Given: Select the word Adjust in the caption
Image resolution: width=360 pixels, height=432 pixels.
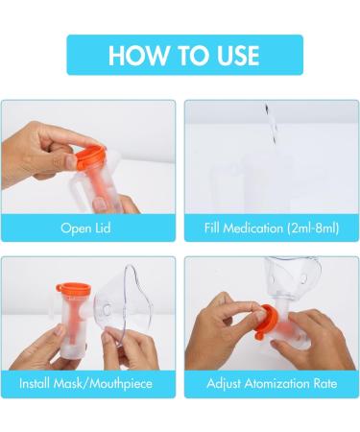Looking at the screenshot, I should point(228,385).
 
